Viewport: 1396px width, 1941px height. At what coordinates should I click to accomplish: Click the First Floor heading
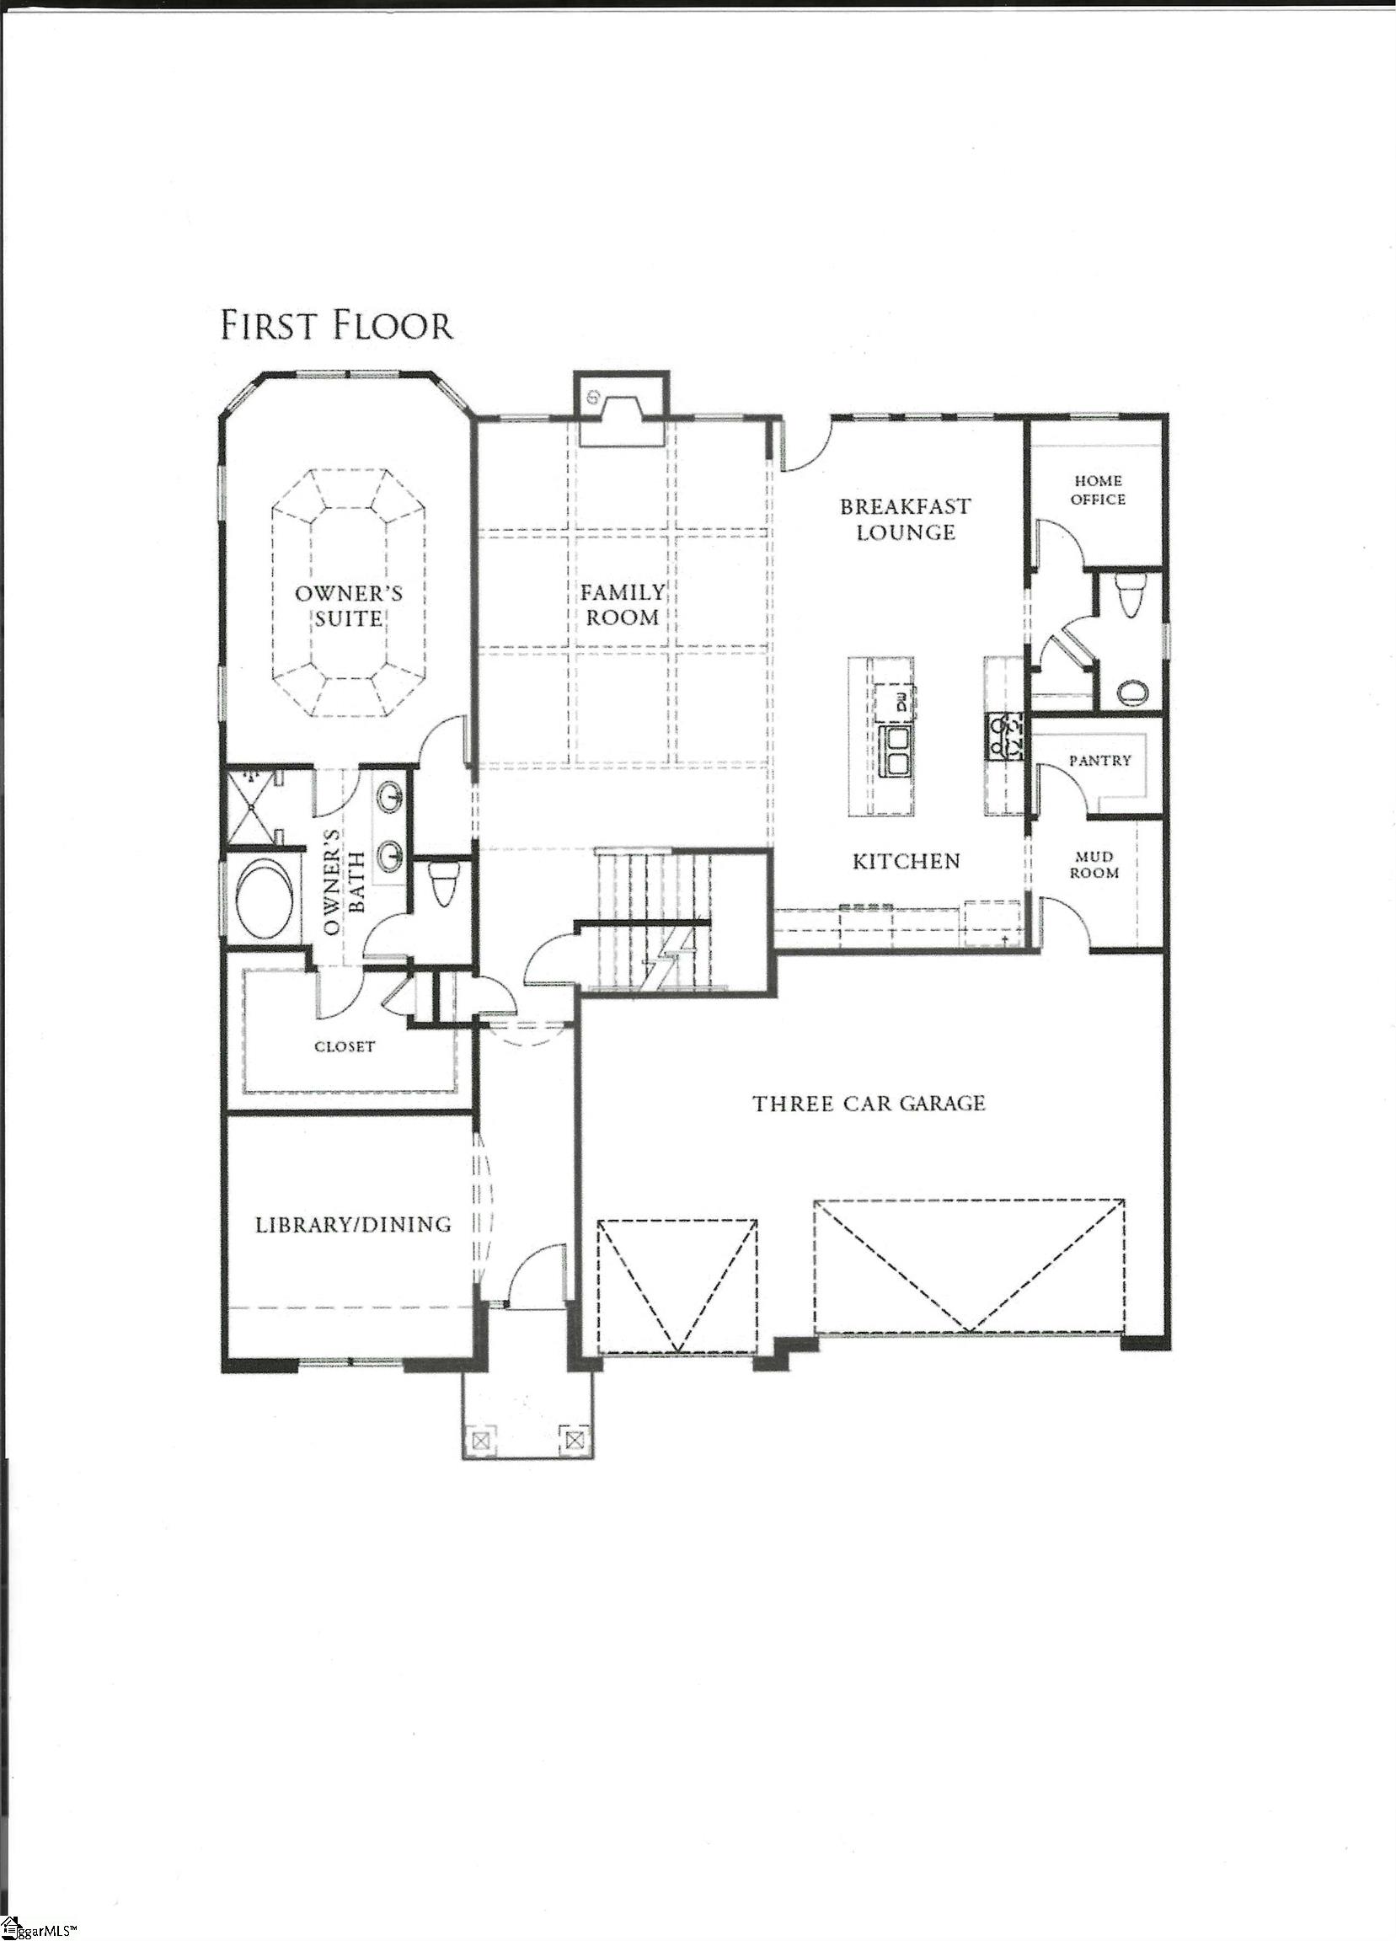(x=336, y=327)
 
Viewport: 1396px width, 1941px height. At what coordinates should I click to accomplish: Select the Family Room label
(x=623, y=604)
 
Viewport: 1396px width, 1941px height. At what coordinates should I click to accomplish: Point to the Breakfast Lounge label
(x=906, y=519)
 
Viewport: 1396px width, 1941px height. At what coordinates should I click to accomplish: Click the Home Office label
(x=1098, y=489)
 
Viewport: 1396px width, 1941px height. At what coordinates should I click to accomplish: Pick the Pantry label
(x=1099, y=760)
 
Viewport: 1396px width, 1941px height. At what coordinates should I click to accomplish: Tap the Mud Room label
(x=1094, y=864)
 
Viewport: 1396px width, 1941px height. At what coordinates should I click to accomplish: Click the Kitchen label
(x=907, y=861)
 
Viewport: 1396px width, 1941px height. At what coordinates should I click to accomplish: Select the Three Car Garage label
(x=869, y=1104)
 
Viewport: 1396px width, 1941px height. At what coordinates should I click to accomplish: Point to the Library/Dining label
(x=354, y=1225)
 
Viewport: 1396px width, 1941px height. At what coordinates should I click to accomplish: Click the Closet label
(x=345, y=1045)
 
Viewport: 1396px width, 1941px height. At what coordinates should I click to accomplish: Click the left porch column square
(x=481, y=1440)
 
